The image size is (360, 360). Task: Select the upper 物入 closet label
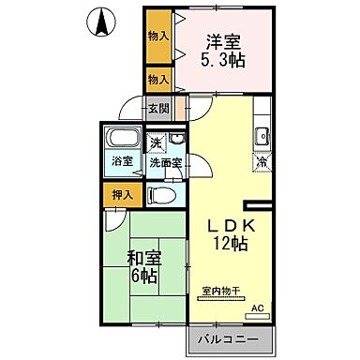(157, 36)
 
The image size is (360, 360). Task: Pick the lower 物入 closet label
(157, 81)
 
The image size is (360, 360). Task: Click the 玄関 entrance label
(158, 108)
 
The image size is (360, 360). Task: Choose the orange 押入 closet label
(120, 196)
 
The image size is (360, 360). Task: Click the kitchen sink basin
(263, 137)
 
